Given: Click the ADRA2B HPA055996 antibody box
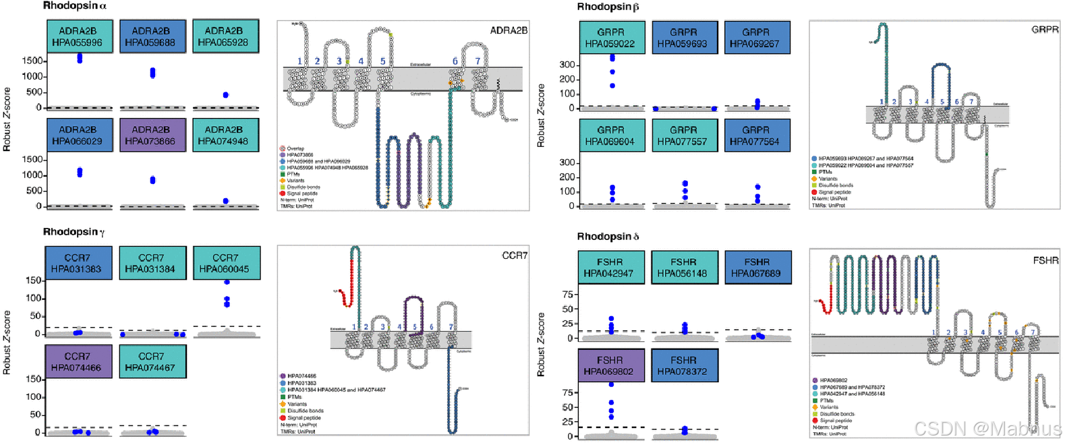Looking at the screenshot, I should [78, 36].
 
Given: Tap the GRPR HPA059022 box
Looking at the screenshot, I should [611, 38].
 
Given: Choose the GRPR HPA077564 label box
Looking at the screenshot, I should [756, 136].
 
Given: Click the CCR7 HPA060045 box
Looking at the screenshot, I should [225, 263].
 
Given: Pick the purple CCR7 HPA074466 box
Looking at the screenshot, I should [78, 361].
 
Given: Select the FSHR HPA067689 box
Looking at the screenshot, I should [757, 268].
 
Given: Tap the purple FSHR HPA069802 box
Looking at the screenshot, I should [610, 365].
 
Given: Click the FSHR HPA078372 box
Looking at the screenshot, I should [683, 365].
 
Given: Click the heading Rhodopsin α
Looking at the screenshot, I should [75, 5].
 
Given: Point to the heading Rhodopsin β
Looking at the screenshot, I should [608, 7].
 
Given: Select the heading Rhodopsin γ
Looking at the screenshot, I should [74, 232].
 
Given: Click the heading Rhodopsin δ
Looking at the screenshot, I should [608, 237].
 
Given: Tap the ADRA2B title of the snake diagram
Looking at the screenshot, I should [509, 30].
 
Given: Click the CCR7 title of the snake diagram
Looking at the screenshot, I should [515, 256].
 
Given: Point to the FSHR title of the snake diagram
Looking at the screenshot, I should [1045, 260].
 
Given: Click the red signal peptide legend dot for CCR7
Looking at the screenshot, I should [283, 417].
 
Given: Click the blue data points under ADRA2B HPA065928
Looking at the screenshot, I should [225, 95].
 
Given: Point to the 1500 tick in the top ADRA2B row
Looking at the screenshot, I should [32, 61].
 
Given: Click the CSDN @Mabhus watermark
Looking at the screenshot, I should [987, 428].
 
